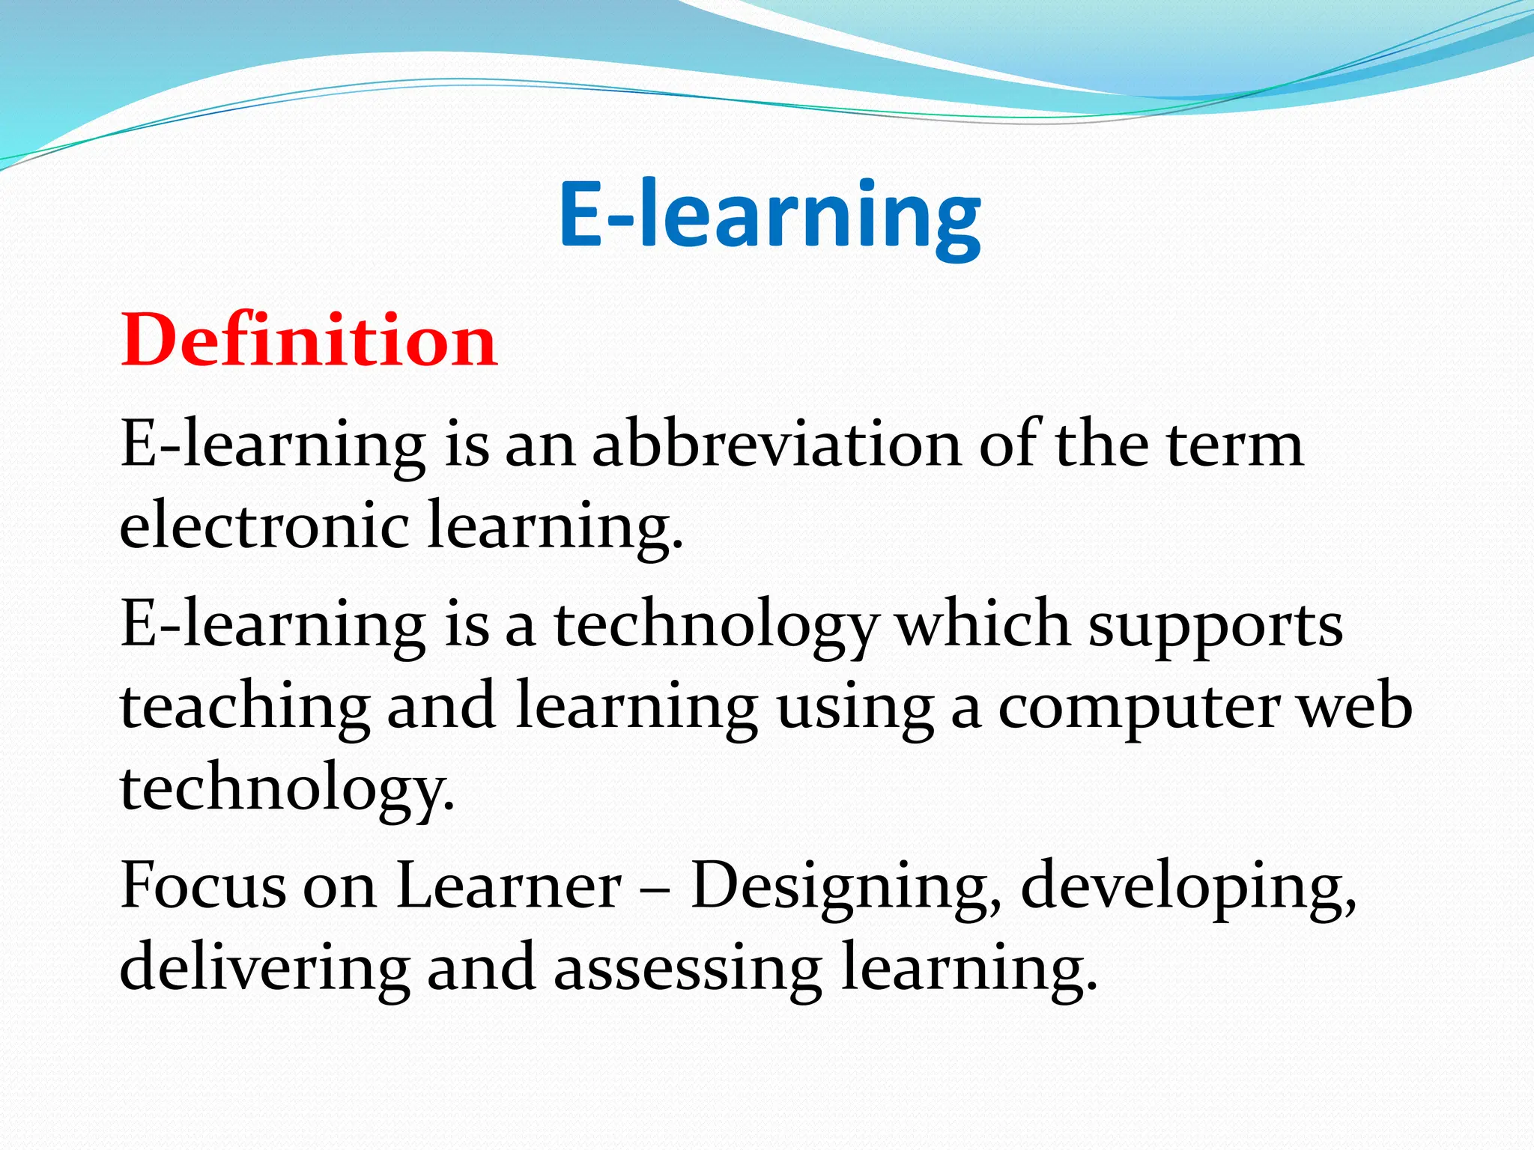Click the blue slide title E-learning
769,214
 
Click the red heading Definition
309,341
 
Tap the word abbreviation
777,445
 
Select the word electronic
264,525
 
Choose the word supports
1215,627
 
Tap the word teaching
245,708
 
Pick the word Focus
203,886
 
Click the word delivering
264,968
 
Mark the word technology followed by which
715,627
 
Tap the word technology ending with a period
287,790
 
